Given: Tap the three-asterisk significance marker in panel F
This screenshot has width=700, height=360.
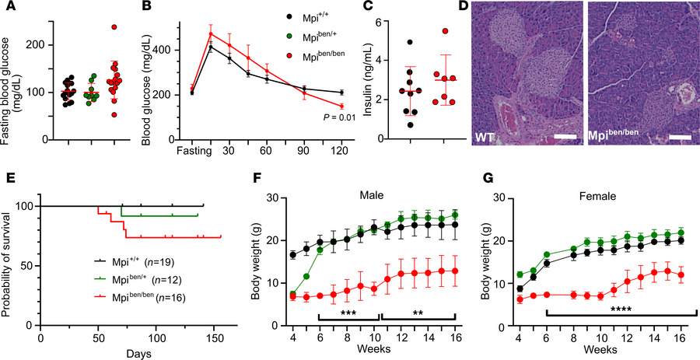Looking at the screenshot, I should [348, 309].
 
